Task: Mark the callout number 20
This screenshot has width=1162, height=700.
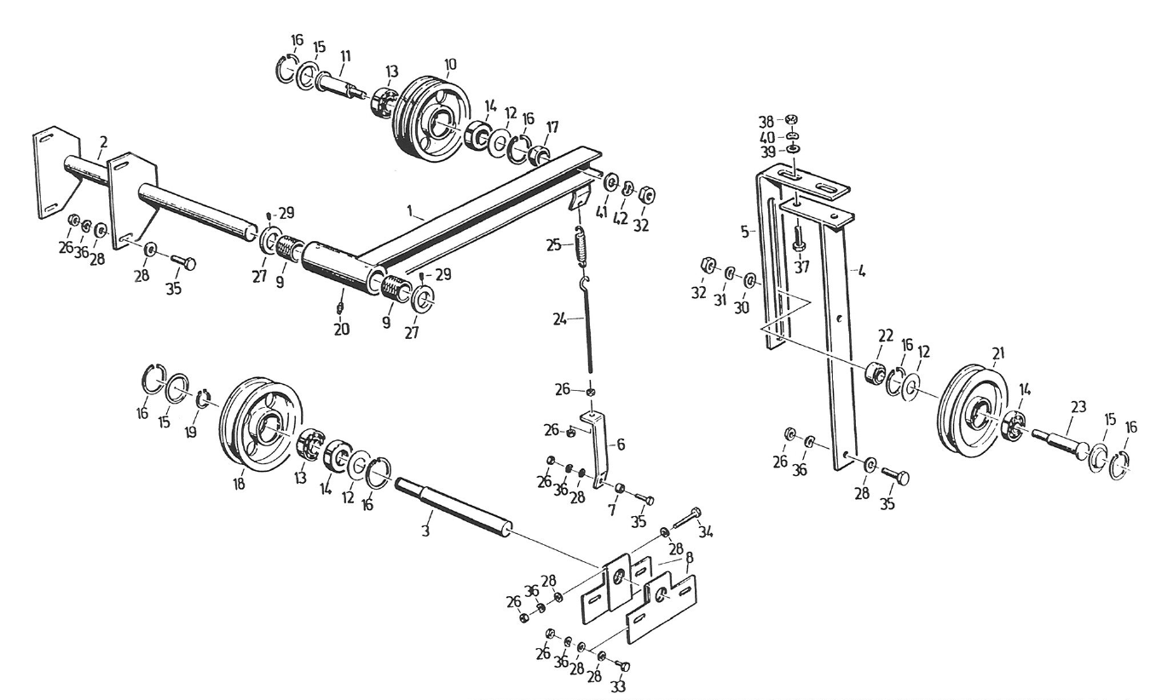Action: coord(342,330)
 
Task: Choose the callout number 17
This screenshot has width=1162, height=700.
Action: coord(552,128)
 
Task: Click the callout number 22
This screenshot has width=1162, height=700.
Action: coord(880,339)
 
